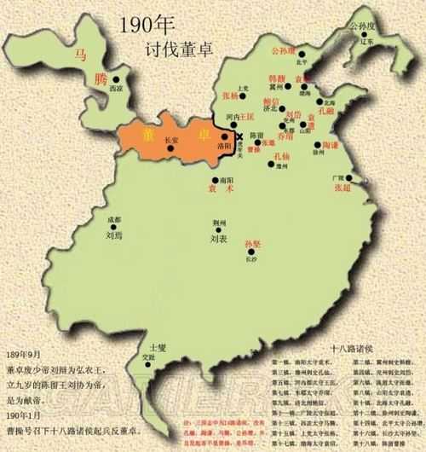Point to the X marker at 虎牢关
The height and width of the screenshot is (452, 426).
point(239,136)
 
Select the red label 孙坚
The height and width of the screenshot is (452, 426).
point(253,245)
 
